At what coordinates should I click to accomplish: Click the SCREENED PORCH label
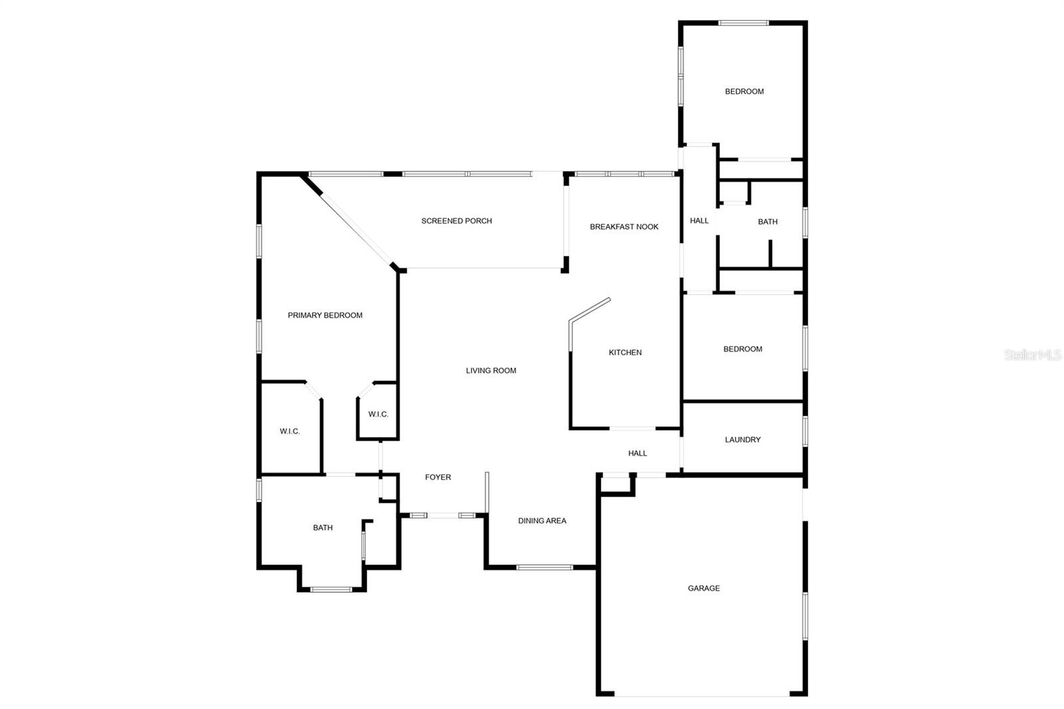coord(456,221)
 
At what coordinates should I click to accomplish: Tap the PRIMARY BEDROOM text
coord(325,315)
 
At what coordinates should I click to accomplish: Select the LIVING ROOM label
coord(491,370)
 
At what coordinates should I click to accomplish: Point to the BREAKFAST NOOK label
coord(624,227)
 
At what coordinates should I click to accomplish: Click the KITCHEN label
coord(625,353)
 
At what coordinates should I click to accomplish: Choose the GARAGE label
coord(704,589)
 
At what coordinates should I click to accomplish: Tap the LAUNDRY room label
coord(742,440)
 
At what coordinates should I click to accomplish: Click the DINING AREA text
coord(542,521)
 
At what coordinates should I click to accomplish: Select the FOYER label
coord(438,477)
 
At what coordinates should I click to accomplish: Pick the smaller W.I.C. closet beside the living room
coord(378,414)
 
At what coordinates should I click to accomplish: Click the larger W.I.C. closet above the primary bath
coord(289,432)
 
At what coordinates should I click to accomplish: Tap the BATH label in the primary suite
coord(323,527)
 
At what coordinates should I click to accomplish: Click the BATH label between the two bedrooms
coord(767,222)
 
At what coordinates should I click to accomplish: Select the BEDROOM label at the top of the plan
coord(744,92)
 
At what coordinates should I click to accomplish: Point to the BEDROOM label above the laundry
coord(742,349)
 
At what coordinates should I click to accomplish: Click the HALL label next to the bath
coord(699,221)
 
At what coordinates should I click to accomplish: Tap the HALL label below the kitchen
coord(638,454)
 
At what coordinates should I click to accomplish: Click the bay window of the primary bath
coord(331,590)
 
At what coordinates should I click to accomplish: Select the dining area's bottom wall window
coord(545,567)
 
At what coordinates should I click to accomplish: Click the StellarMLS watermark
coord(1033,354)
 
